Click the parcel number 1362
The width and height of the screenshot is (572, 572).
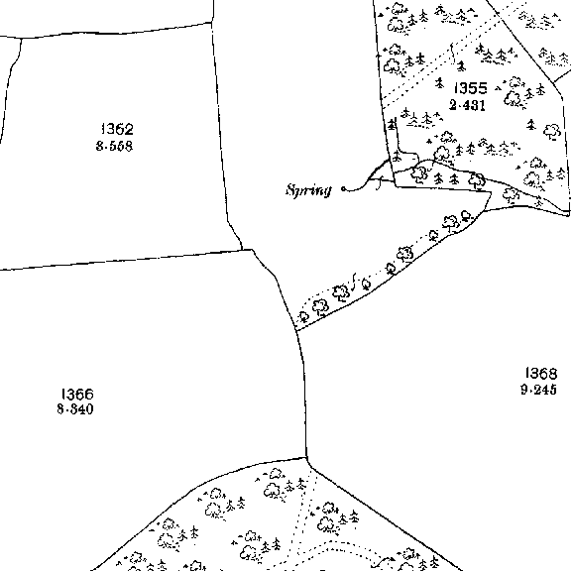tap(117, 129)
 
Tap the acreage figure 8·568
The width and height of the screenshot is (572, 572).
tap(114, 146)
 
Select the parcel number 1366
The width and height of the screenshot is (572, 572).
tap(77, 394)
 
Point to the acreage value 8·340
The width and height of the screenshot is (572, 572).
tap(75, 409)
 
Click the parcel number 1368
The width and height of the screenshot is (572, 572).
tap(541, 373)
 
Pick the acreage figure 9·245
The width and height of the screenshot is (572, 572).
tap(539, 390)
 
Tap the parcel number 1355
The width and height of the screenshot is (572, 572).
tap(471, 88)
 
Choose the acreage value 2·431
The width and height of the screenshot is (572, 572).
tap(467, 105)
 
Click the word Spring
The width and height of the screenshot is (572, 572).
tap(308, 190)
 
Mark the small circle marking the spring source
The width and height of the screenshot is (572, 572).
tap(343, 188)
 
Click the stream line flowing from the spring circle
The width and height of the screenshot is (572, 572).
tap(366, 179)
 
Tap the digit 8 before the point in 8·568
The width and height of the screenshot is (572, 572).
tap(99, 146)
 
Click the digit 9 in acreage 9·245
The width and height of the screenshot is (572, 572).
tap(524, 390)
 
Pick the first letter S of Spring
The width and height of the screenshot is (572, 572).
tap(290, 189)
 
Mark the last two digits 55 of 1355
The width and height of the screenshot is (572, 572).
tap(479, 88)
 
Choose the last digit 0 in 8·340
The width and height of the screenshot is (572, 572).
tap(89, 409)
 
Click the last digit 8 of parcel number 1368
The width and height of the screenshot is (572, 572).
tap(553, 373)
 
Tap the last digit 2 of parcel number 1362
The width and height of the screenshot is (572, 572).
tap(130, 129)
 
